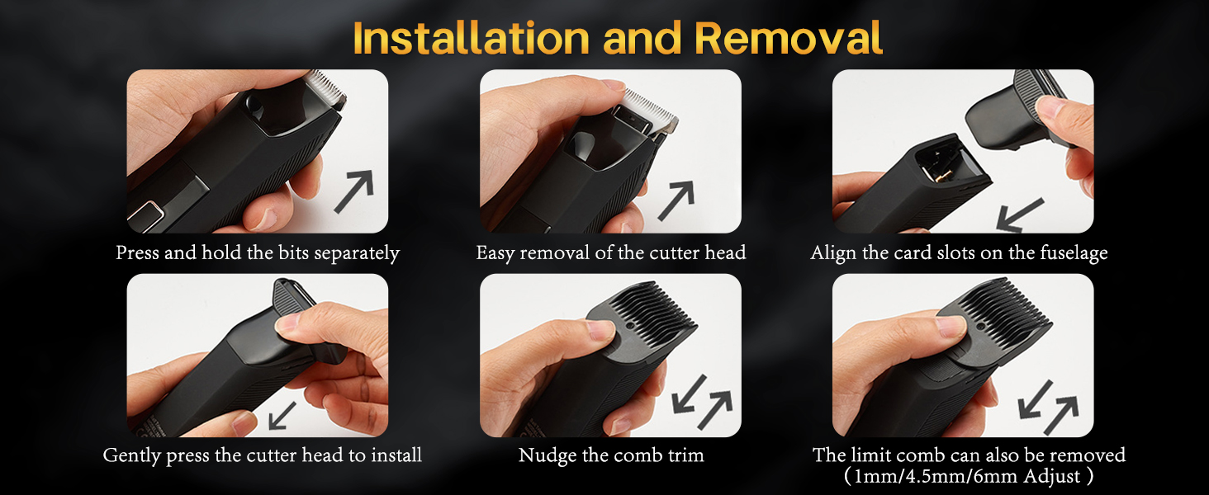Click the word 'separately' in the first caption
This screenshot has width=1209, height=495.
click(x=355, y=253)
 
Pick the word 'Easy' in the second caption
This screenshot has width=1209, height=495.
click(x=497, y=253)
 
